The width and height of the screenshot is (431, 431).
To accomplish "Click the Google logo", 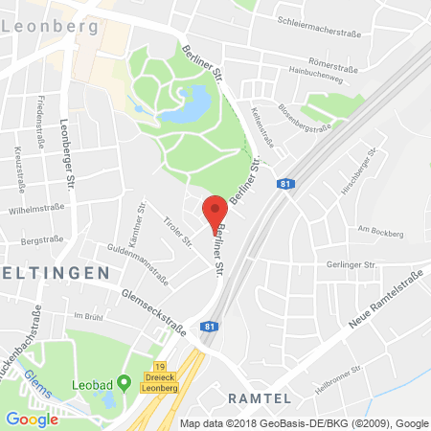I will (32, 419).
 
